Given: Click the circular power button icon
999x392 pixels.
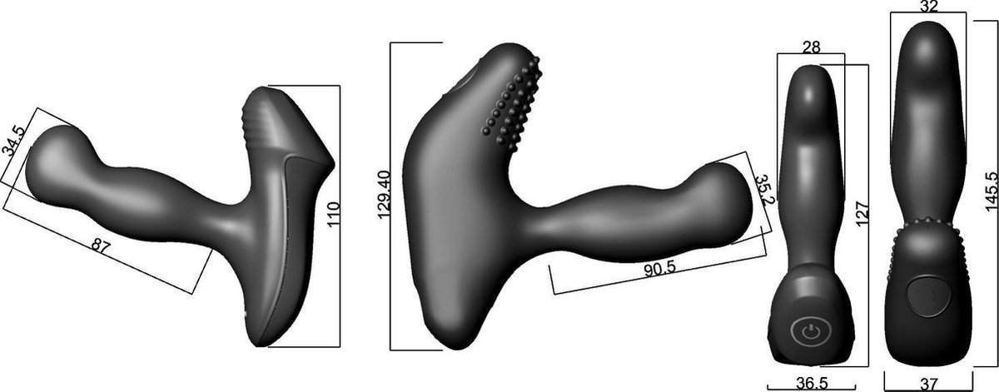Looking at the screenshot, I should point(804,333).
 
